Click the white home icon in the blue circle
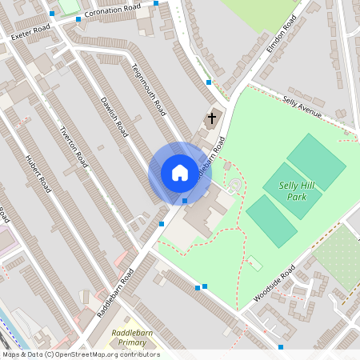click(179, 173)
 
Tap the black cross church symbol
click(212, 119)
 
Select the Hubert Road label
click(38, 174)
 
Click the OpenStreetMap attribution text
click(81, 354)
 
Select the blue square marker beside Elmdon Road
click(209, 82)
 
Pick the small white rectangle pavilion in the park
click(254, 262)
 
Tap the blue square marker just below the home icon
click(185, 201)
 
